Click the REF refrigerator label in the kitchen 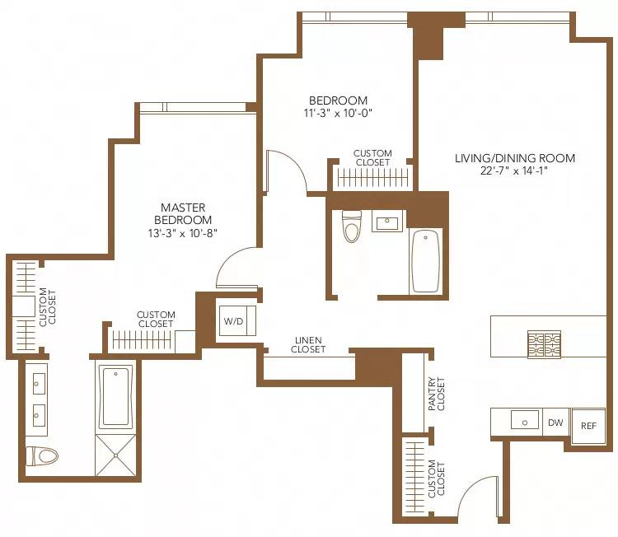pyautogui.click(x=588, y=426)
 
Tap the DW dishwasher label pyautogui.click(x=556, y=423)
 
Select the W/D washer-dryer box pyautogui.click(x=233, y=321)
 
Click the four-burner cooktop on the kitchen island pyautogui.click(x=544, y=343)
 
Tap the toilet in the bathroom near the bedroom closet pyautogui.click(x=353, y=227)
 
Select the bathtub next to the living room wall pyautogui.click(x=425, y=261)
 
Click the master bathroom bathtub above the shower pyautogui.click(x=115, y=396)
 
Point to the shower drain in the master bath pyautogui.click(x=115, y=453)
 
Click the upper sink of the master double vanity pyautogui.click(x=38, y=383)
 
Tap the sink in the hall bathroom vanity pyautogui.click(x=386, y=222)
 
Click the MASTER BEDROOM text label pyautogui.click(x=183, y=214)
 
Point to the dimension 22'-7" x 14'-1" pyautogui.click(x=514, y=171)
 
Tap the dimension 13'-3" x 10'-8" pyautogui.click(x=183, y=233)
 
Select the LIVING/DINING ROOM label pyautogui.click(x=514, y=158)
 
